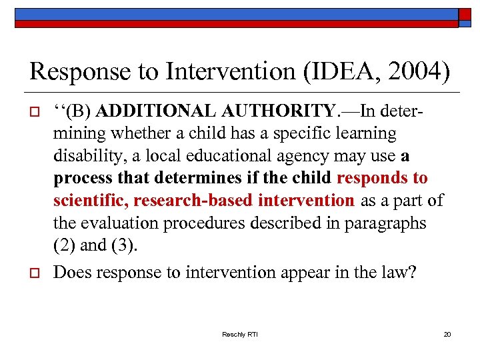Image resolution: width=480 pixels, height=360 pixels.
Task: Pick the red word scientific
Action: click(91, 200)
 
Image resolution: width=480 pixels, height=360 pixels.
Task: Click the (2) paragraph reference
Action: click(64, 245)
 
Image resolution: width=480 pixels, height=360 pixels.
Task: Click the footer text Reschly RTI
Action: click(240, 333)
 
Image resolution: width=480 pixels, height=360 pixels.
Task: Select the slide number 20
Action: click(447, 333)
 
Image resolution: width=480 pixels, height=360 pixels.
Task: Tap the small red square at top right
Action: click(465, 14)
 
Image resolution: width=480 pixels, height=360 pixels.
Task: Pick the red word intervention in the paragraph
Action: click(306, 200)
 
